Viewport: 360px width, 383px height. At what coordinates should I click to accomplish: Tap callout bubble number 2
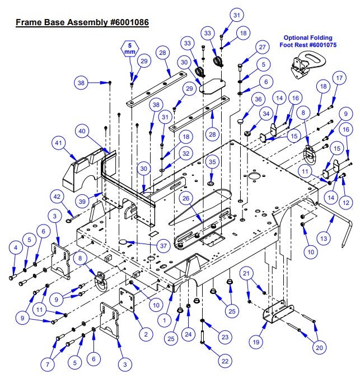[x=146, y=334]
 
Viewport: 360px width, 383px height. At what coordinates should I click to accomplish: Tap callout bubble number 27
[x=261, y=47]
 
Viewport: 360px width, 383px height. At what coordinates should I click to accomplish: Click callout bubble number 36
[x=257, y=99]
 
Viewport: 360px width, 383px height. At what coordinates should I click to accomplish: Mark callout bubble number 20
[x=320, y=347]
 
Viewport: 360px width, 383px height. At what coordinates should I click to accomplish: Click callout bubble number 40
[x=82, y=131]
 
